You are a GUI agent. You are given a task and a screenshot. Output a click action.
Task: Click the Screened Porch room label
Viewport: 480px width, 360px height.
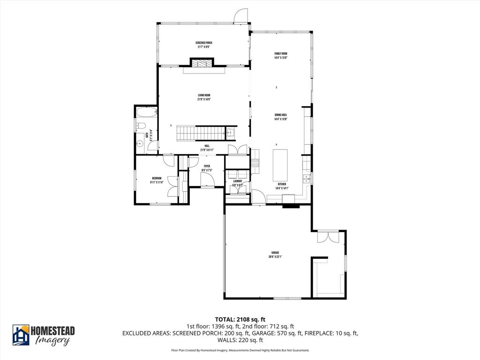[203, 45]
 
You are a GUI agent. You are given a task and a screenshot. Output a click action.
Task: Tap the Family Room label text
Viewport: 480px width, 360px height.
[281, 55]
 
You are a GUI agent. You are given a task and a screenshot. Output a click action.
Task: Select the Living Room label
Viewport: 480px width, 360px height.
[203, 97]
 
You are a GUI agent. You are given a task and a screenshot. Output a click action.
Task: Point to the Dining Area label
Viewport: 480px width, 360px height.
[281, 117]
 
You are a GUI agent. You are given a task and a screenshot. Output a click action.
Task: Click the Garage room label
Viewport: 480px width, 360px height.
[275, 254]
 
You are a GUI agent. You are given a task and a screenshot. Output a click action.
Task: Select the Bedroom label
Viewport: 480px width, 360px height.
[156, 180]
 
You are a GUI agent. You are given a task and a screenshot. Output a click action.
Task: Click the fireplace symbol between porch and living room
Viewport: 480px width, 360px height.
[202, 63]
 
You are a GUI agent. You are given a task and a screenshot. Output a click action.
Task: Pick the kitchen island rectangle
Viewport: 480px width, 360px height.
[280, 165]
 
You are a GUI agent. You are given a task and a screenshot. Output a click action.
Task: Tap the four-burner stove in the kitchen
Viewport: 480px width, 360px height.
[255, 163]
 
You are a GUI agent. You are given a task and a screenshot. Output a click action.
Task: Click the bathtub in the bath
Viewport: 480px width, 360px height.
[146, 112]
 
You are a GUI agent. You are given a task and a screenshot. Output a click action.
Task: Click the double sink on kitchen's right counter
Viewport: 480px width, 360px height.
[308, 180]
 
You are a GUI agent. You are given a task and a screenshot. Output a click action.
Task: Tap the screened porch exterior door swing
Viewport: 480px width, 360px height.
[240, 15]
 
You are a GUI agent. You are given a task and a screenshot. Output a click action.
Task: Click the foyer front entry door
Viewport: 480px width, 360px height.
[207, 180]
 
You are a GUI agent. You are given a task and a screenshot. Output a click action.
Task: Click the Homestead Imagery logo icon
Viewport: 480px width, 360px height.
[21, 335]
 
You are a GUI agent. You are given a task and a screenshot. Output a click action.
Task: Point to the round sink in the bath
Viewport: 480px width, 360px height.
[139, 144]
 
